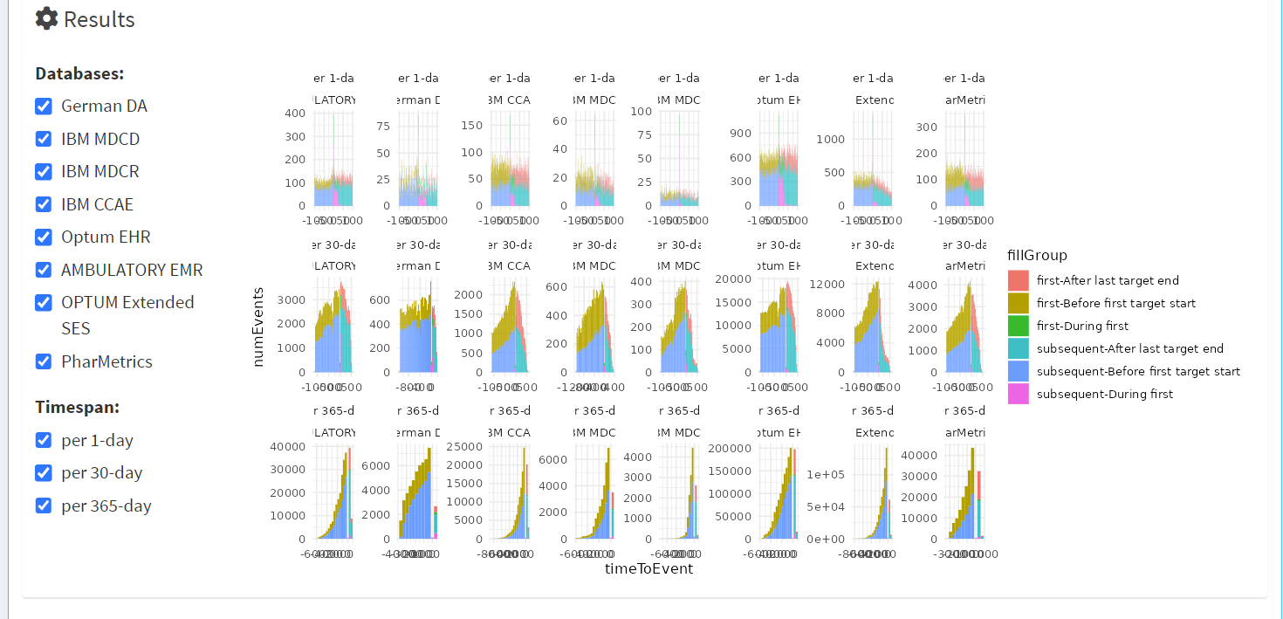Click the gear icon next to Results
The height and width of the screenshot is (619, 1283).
click(x=47, y=18)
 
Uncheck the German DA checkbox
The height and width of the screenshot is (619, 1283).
click(x=44, y=106)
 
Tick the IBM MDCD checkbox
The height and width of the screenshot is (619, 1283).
click(x=44, y=139)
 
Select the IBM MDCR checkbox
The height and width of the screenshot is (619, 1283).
click(x=44, y=171)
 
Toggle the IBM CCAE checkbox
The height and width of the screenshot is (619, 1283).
click(x=44, y=204)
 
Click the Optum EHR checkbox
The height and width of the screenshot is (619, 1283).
click(x=44, y=237)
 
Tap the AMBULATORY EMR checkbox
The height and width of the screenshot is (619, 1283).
click(x=44, y=270)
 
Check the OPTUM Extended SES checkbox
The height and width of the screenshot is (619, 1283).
click(x=44, y=302)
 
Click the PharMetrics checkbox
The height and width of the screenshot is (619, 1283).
click(x=44, y=361)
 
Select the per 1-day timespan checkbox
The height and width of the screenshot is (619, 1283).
click(x=44, y=440)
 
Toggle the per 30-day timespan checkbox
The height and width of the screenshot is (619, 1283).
click(x=44, y=472)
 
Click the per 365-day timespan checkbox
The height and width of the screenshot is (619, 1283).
click(x=44, y=506)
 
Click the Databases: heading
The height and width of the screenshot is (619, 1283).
click(x=79, y=73)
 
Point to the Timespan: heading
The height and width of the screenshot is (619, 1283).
click(x=77, y=407)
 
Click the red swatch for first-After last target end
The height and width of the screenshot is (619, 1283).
click(x=1018, y=280)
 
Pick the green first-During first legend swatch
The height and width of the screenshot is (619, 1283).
click(x=1018, y=326)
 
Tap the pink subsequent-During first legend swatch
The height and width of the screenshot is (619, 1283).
click(x=1018, y=394)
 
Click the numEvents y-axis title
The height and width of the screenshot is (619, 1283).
click(x=257, y=327)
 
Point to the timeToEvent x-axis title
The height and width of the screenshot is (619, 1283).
click(x=648, y=568)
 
